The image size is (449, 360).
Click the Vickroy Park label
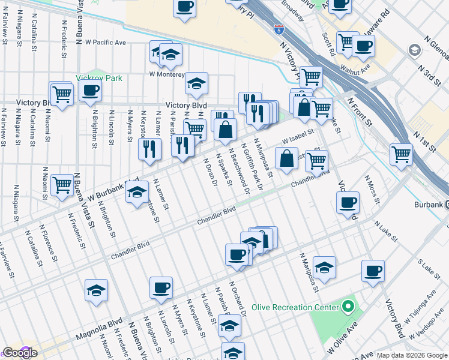coord(99,78)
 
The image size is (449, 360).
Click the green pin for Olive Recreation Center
coord(348,308)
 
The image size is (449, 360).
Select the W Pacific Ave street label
coord(105,43)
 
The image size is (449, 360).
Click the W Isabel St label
coord(298,138)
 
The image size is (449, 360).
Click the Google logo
coord(20,353)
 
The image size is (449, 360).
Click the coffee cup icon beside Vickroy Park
coord(90,91)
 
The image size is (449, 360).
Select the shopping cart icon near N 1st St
coord(401,154)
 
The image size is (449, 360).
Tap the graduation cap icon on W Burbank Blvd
coord(137,193)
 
